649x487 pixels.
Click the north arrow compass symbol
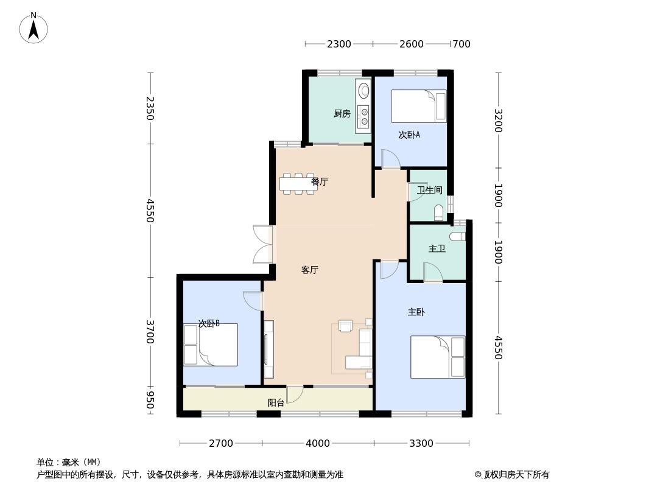[x=33, y=28]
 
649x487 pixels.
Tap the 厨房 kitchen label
[x=342, y=113]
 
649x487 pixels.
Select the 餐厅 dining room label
[x=320, y=181]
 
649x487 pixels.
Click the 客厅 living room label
[x=310, y=270]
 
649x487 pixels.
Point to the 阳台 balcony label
[x=276, y=402]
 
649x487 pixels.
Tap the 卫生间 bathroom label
[x=430, y=190]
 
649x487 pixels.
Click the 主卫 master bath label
[x=437, y=248]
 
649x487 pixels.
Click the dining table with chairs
[x=298, y=183]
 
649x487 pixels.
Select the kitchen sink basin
[x=364, y=91]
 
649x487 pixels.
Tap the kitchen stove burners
[x=364, y=116]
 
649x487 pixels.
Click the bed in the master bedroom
[x=438, y=357]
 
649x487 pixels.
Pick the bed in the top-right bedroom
[x=419, y=107]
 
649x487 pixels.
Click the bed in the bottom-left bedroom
[x=211, y=345]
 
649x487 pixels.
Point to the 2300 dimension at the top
[x=339, y=44]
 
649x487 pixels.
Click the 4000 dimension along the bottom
[x=317, y=444]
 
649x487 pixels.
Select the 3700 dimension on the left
[x=150, y=332]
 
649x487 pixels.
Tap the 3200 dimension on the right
[x=499, y=121]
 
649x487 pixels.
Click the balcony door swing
[x=295, y=394]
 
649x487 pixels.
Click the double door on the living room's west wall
[x=263, y=245]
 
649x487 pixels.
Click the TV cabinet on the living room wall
[x=268, y=349]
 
